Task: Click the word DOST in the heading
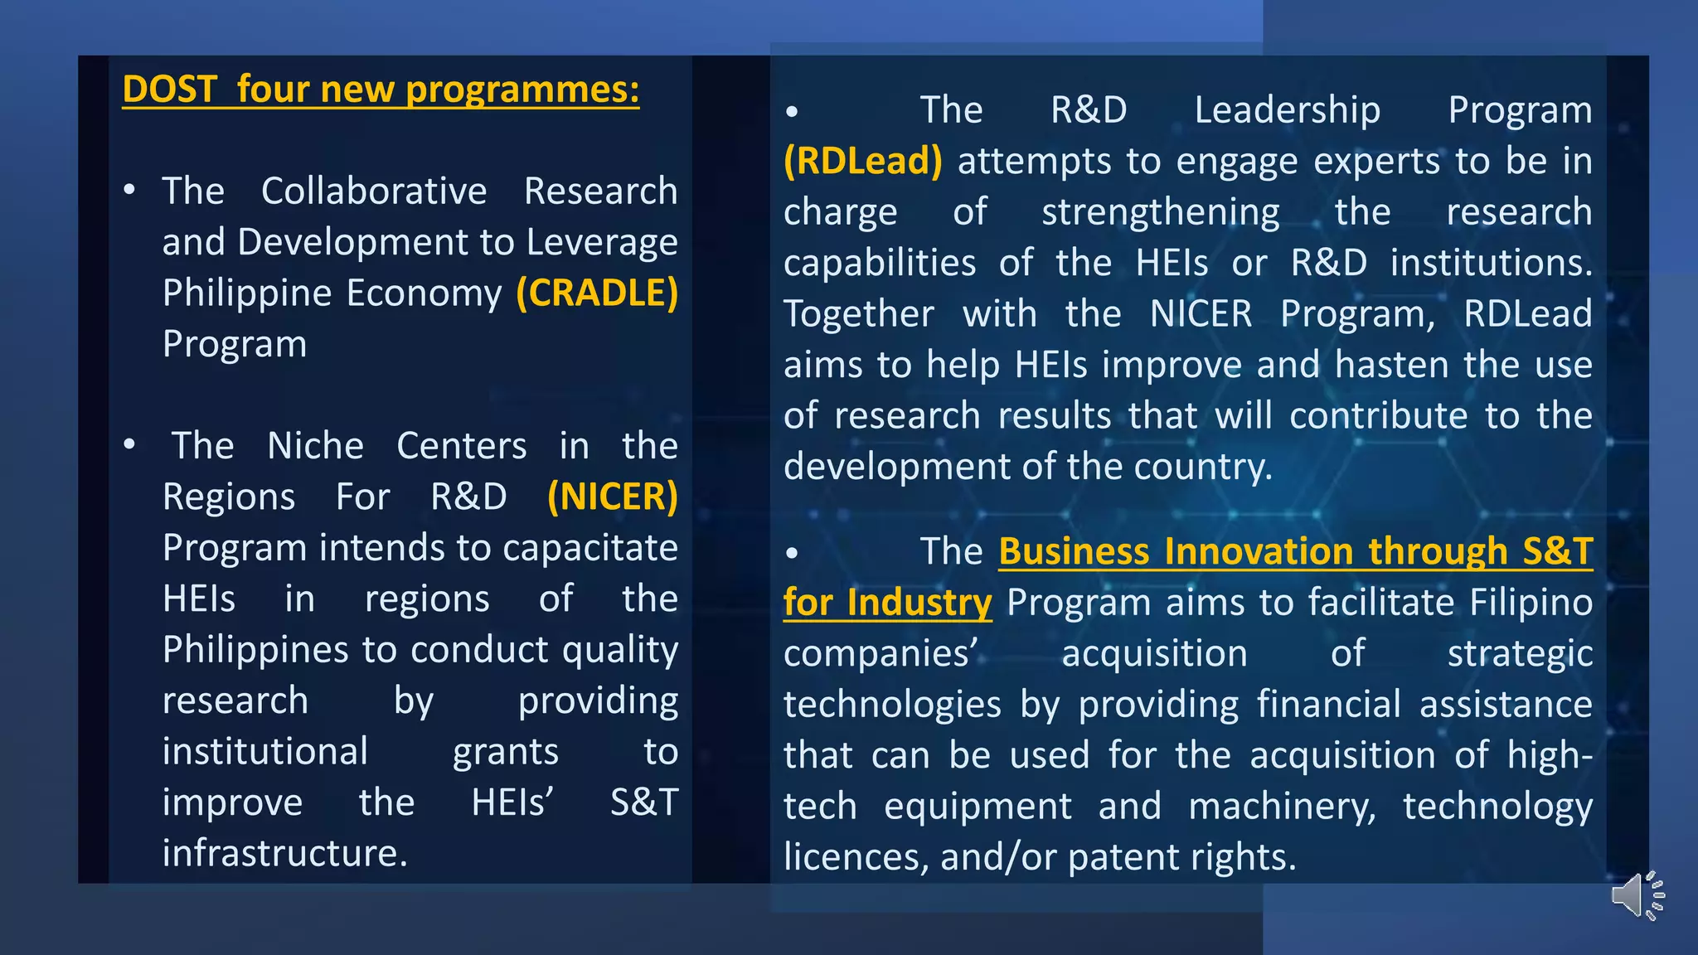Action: (x=169, y=90)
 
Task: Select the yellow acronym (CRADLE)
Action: (x=597, y=293)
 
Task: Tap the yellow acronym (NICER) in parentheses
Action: (x=613, y=497)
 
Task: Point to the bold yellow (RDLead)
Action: (x=863, y=161)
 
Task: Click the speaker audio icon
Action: (x=1637, y=895)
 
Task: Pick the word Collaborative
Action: (x=374, y=191)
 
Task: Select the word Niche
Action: (x=315, y=446)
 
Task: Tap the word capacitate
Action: (x=589, y=548)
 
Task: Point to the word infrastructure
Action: (x=284, y=853)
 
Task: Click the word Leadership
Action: (x=1287, y=110)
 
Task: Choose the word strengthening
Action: (x=1160, y=212)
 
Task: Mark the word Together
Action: (x=859, y=314)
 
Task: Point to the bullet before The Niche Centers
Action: (x=129, y=445)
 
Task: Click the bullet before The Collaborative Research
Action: (x=129, y=191)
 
